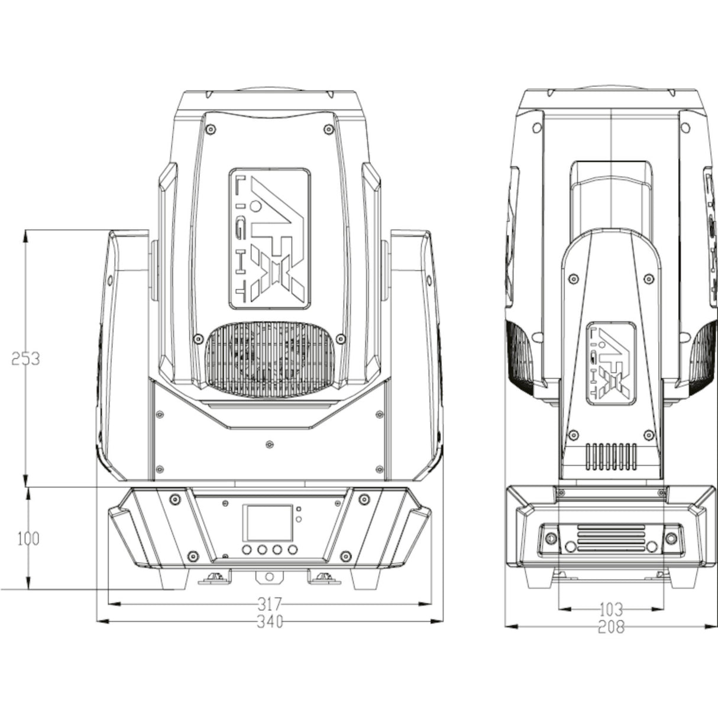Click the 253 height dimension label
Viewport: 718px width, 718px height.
(x=25, y=358)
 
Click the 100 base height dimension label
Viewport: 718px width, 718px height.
(x=28, y=539)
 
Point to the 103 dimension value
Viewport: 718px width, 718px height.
(x=611, y=608)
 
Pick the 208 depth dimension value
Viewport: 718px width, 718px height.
(x=611, y=627)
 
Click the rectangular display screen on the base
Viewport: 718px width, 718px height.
(x=269, y=520)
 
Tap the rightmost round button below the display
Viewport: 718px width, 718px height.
(x=290, y=551)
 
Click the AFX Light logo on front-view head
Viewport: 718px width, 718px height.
(x=269, y=238)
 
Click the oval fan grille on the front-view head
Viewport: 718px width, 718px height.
(x=269, y=360)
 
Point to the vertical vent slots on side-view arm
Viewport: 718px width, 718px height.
(x=610, y=457)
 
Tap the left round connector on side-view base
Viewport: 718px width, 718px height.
(x=551, y=538)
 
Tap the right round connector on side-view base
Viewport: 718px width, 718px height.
(x=671, y=538)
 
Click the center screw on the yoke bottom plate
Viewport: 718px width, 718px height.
(x=269, y=443)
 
